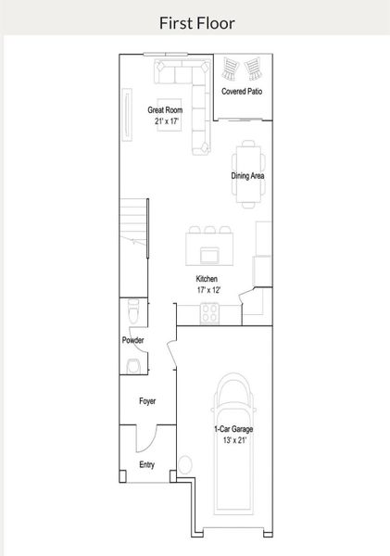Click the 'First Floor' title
tap(195, 22)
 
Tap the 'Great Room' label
tap(165, 110)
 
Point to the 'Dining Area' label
tap(248, 175)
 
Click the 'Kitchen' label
tap(207, 279)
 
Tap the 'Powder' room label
tap(132, 340)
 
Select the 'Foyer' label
tap(147, 401)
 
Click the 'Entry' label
tap(146, 463)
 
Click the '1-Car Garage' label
tap(233, 429)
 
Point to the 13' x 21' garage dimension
tap(233, 440)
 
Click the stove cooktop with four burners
tap(209, 313)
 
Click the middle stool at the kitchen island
tap(210, 229)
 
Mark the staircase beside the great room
tap(135, 222)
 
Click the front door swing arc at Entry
tap(146, 440)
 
